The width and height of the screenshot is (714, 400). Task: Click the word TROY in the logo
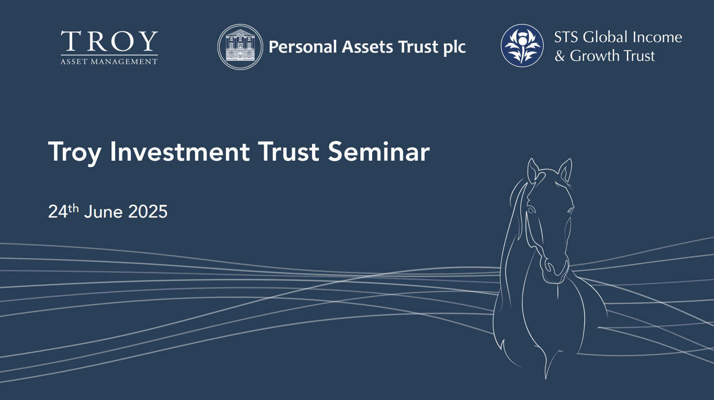point(109,41)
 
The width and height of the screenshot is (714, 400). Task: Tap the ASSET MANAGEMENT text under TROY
point(109,61)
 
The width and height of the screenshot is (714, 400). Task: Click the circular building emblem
point(240,47)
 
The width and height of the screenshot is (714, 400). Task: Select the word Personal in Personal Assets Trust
point(303,47)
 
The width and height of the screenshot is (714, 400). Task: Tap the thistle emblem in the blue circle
point(522,46)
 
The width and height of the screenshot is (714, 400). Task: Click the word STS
point(566,37)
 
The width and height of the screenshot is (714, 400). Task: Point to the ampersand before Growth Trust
point(560,56)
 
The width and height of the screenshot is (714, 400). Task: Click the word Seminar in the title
point(379,152)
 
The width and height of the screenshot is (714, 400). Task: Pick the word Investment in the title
point(180,152)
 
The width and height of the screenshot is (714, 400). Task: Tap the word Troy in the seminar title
point(75,153)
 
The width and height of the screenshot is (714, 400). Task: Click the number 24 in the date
point(58,212)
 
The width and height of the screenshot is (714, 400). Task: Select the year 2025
point(148,212)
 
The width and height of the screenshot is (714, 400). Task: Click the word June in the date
point(103,212)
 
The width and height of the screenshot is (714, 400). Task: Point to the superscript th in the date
point(73,209)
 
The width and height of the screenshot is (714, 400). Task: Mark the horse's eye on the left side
point(531,210)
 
